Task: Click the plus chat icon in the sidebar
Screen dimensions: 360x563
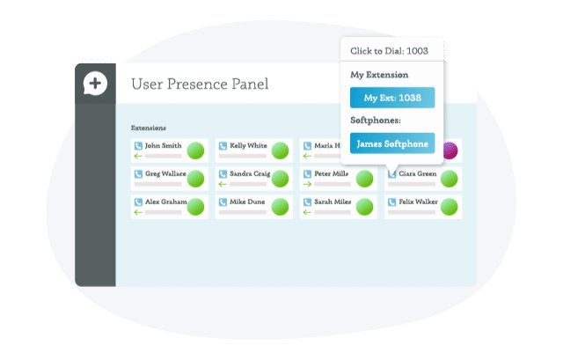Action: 95,84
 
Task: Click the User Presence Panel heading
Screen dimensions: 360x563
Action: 200,84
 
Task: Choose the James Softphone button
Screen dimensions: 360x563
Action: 392,143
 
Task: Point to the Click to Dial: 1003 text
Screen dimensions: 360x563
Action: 389,51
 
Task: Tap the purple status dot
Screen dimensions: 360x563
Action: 449,151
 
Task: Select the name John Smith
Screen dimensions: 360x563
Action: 164,145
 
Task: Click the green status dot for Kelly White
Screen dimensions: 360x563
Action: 280,151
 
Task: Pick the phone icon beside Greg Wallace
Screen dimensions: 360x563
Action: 138,174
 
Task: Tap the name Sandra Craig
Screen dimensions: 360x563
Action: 250,174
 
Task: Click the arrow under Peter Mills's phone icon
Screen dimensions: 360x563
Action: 306,185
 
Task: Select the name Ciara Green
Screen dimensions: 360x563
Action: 419,174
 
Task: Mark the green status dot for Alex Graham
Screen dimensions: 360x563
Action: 195,207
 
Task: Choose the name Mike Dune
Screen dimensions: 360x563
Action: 247,202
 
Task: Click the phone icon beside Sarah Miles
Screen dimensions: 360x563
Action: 307,202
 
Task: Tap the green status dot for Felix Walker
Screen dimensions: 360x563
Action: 449,208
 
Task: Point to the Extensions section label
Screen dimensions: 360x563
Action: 149,128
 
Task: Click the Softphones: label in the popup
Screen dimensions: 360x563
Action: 377,120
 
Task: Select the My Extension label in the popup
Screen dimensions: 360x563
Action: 379,75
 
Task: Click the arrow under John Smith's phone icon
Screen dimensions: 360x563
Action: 137,157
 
